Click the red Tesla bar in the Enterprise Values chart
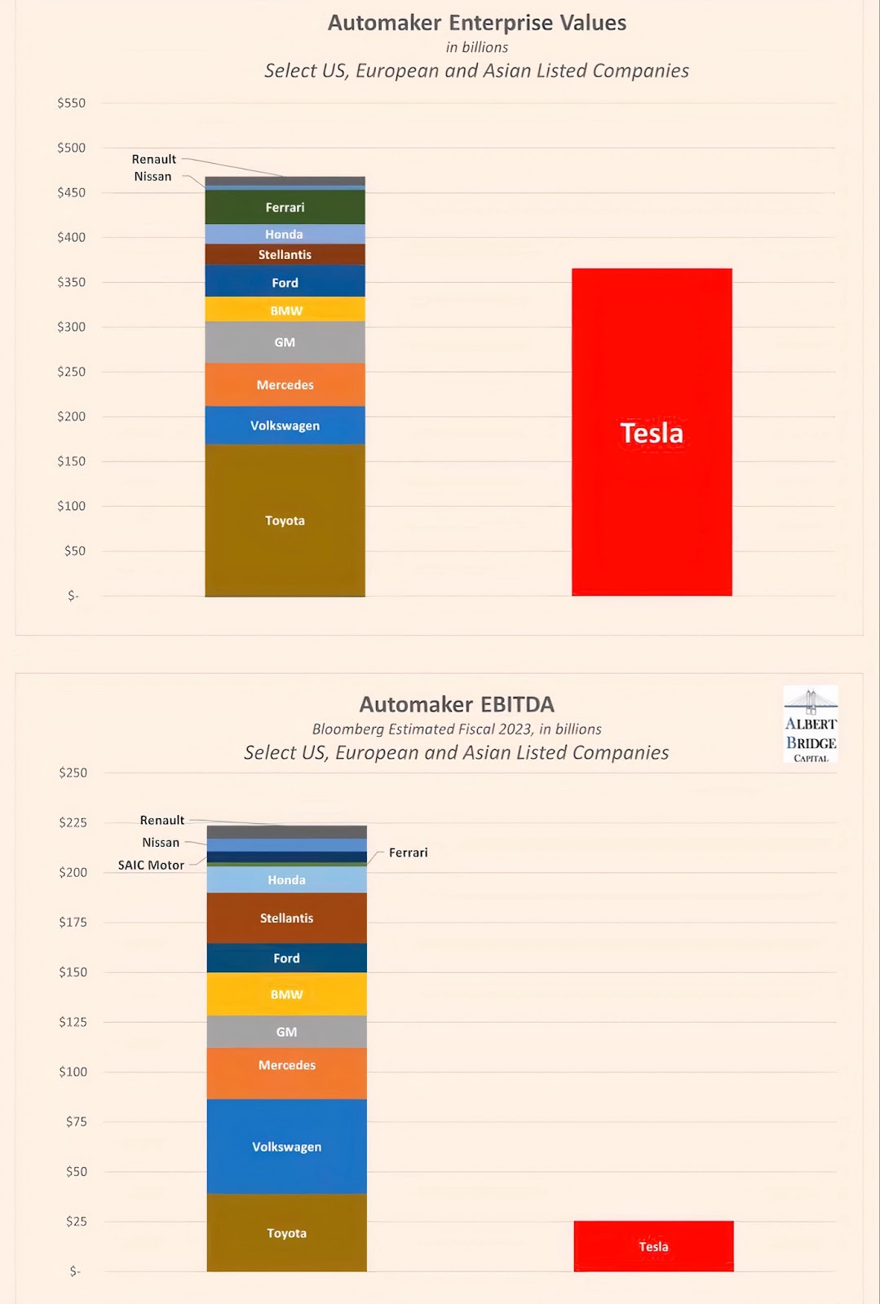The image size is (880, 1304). coord(652,432)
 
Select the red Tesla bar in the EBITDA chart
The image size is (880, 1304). coord(653,1245)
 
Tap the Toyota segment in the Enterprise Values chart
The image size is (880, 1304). coord(285,520)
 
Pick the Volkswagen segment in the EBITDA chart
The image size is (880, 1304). coord(286,1146)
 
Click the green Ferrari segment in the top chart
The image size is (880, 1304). coord(285,207)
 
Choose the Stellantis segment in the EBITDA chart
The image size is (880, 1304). coord(286,918)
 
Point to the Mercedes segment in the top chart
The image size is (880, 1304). coord(285,385)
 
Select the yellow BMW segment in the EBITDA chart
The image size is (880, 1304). coord(286,994)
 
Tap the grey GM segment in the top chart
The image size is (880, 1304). coord(285,342)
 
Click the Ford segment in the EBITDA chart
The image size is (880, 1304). coord(286,958)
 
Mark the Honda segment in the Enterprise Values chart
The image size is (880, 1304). coord(285,234)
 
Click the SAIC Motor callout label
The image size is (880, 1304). coord(151,865)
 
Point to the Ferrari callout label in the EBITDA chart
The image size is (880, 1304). coord(408,852)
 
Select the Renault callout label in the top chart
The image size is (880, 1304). coord(154,159)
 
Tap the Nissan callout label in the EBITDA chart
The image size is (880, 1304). coord(161,842)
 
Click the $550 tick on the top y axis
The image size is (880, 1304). coord(71,103)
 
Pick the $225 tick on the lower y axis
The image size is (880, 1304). coord(73,822)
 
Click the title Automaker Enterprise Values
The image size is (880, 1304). coord(477,23)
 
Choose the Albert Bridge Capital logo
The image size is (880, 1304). coord(811,725)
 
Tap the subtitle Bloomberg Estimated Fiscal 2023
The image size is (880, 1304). coord(457,729)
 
